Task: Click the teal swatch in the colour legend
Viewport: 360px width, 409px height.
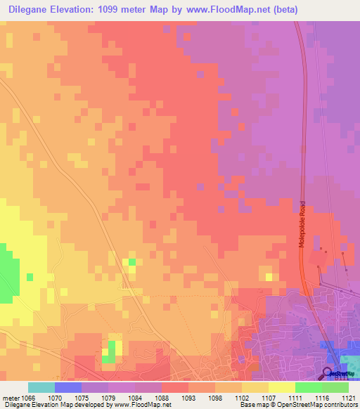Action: [41, 387]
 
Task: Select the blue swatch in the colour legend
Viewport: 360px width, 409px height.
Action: [67, 387]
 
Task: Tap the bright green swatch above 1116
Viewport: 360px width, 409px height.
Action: [308, 387]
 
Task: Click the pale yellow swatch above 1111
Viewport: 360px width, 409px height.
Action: [281, 387]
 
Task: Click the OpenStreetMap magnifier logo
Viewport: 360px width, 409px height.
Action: [328, 374]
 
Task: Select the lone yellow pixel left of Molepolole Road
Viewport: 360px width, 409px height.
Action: [269, 277]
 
